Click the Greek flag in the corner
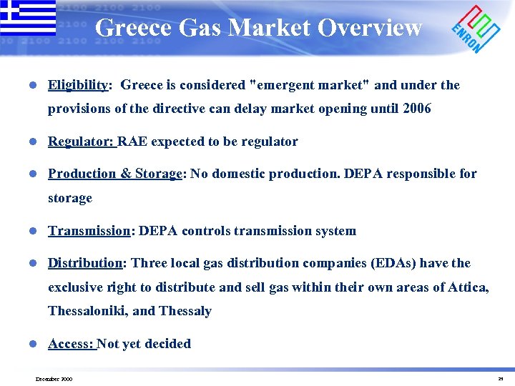(x=28, y=18)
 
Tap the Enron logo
(x=476, y=29)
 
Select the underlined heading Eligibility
(x=77, y=85)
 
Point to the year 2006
(x=417, y=109)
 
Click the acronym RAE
(x=132, y=142)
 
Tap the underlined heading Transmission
(x=89, y=231)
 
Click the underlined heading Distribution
(x=85, y=263)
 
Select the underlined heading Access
(x=70, y=344)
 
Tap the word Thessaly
(x=185, y=312)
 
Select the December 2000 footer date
(x=54, y=379)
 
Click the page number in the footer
(x=501, y=379)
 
